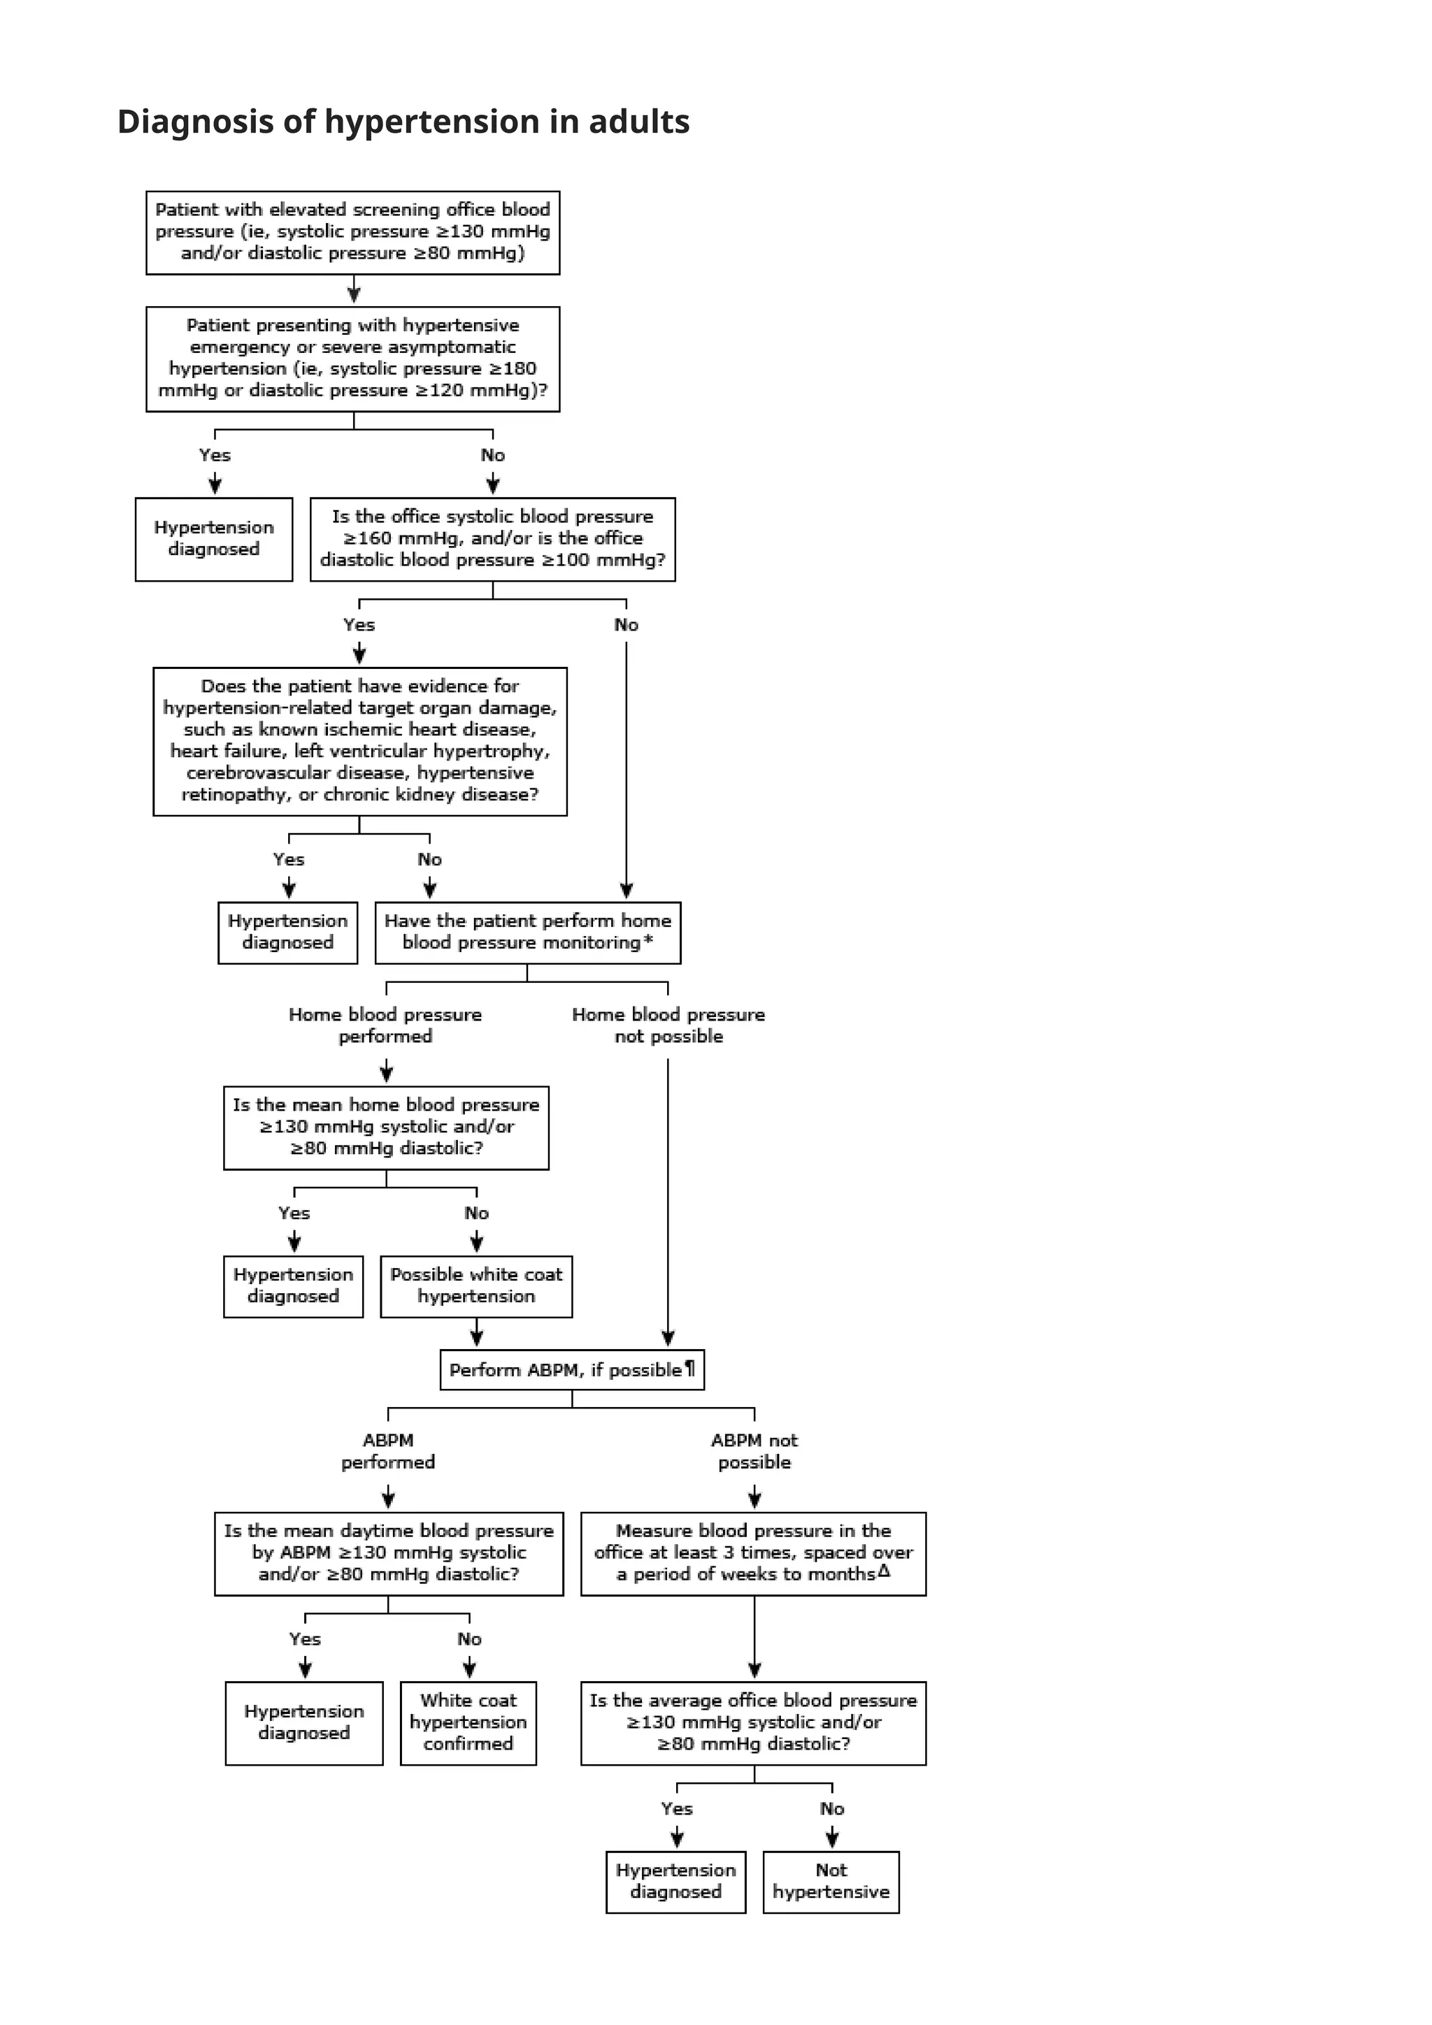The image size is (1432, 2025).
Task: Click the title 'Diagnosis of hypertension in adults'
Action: pyautogui.click(x=403, y=122)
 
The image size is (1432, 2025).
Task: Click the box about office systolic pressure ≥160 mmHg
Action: pyautogui.click(x=492, y=539)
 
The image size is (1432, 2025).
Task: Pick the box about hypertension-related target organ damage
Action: pyautogui.click(x=359, y=741)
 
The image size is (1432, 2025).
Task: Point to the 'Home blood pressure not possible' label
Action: pyautogui.click(x=668, y=1025)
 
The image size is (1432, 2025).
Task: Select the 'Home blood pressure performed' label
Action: pyautogui.click(x=385, y=1025)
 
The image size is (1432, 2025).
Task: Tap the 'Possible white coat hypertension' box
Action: pyautogui.click(x=475, y=1286)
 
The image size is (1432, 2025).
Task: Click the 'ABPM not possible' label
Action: pyautogui.click(x=754, y=1451)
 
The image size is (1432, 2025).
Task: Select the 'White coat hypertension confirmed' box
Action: pyautogui.click(x=468, y=1722)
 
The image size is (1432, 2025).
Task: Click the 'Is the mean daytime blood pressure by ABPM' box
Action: pyautogui.click(x=388, y=1553)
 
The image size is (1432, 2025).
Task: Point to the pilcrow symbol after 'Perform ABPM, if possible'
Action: pyautogui.click(x=690, y=1368)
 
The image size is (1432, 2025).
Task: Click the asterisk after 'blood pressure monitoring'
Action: pyautogui.click(x=648, y=940)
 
